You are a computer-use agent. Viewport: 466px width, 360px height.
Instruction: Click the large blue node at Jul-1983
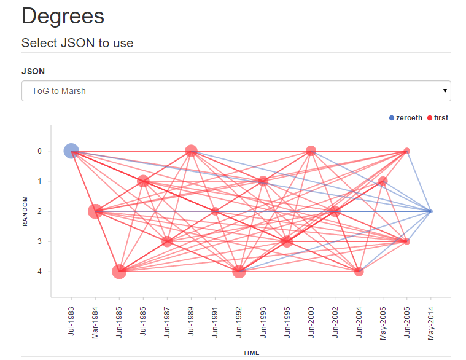[71, 151]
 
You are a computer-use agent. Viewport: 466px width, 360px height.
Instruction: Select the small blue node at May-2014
[430, 211]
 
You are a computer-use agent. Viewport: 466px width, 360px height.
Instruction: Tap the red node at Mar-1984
[95, 211]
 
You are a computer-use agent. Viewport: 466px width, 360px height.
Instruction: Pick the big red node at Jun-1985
[119, 272]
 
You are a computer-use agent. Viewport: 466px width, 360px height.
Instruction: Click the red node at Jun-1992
[239, 272]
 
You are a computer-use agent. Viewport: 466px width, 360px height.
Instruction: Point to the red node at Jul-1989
[191, 151]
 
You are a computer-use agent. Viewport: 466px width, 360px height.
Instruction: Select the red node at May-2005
[383, 181]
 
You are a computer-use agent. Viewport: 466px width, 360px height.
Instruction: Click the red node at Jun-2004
[359, 272]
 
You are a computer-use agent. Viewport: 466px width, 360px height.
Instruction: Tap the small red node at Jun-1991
[215, 211]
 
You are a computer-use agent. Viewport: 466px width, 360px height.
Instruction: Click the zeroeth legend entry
[406, 118]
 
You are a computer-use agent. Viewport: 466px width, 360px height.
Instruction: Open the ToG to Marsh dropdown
[236, 91]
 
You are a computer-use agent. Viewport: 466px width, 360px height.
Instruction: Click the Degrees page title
[63, 17]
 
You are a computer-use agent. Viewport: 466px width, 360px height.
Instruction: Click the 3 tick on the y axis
[40, 241]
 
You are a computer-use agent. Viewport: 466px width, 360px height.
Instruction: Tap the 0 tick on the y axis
[40, 151]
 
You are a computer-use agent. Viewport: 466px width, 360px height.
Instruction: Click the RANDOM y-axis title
[25, 211]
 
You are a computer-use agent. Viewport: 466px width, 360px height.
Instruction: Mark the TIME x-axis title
[250, 353]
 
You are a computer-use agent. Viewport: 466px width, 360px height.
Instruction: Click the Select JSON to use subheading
[77, 43]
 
